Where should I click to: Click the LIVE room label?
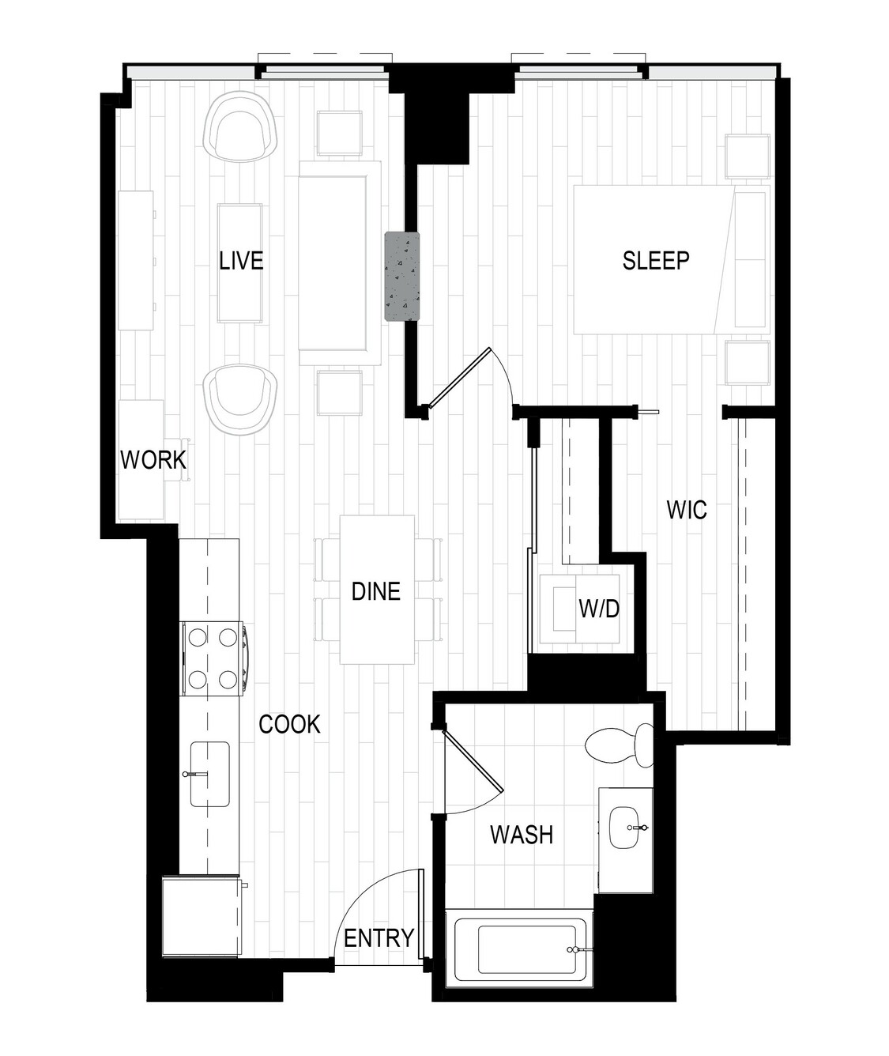[x=241, y=261]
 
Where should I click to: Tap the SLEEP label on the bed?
[x=655, y=261]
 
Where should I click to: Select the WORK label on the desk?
[x=153, y=460]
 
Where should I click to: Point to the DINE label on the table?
[x=375, y=591]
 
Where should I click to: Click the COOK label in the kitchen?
[x=289, y=725]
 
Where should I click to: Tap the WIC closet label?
[x=686, y=510]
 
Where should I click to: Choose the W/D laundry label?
[x=599, y=609]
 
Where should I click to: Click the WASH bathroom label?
[x=522, y=834]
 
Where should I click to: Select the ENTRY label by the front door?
[x=379, y=938]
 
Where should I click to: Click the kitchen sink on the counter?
[x=209, y=774]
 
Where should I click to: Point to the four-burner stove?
[x=213, y=659]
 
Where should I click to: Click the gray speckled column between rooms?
[x=402, y=276]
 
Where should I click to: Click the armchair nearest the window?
[x=240, y=126]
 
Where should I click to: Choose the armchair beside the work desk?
[x=240, y=399]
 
